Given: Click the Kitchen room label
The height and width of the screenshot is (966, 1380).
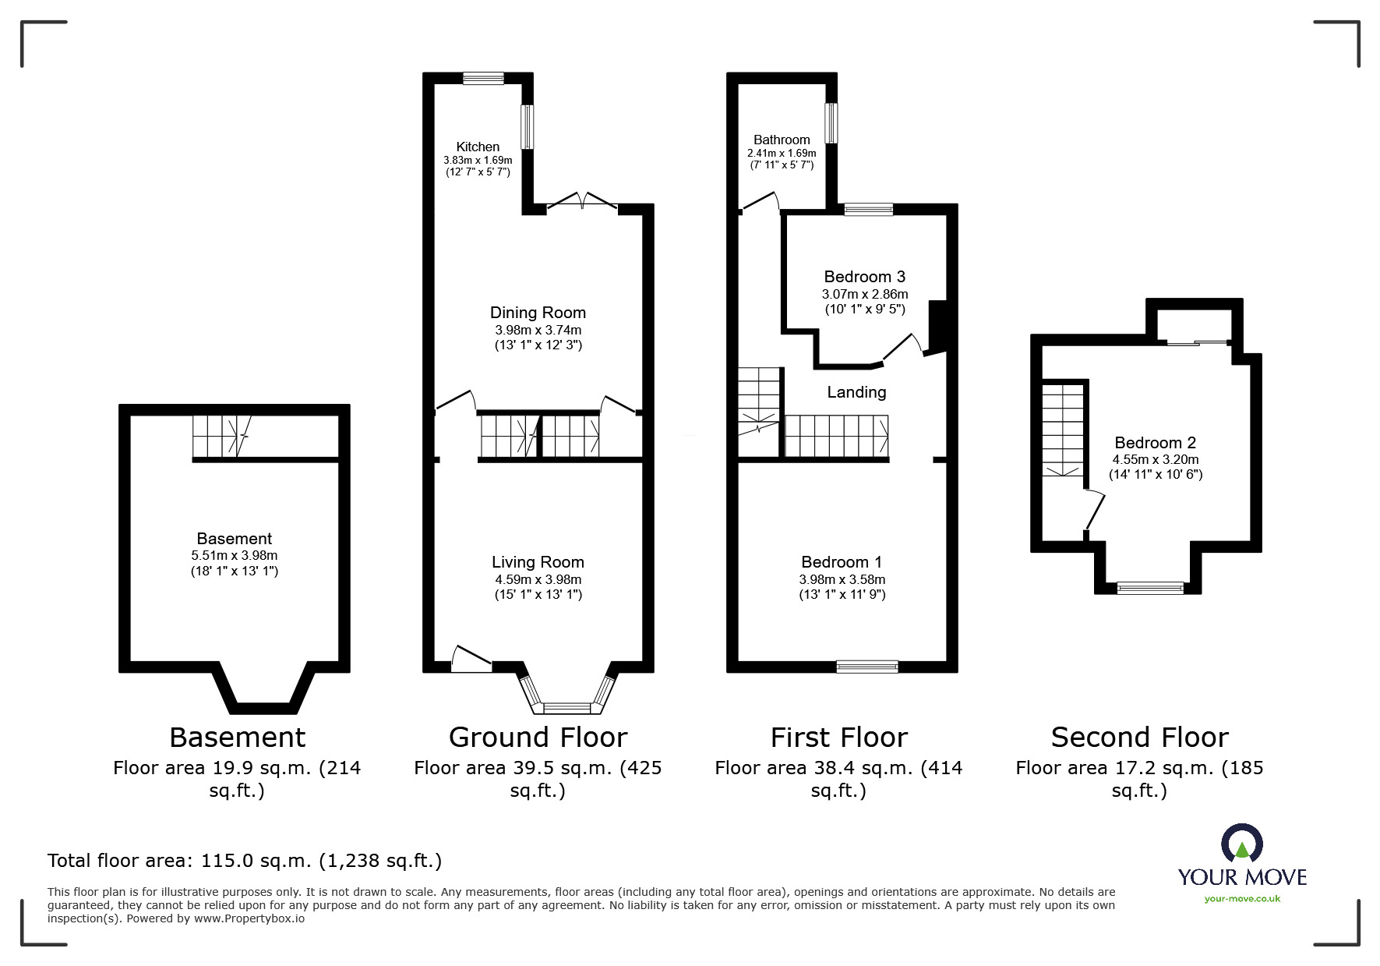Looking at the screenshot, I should click(478, 147).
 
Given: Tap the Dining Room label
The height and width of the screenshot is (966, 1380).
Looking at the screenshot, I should click(538, 313).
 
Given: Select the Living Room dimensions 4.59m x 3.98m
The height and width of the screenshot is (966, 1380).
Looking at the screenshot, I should click(538, 579).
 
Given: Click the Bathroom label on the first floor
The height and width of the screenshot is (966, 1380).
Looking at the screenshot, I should click(782, 140).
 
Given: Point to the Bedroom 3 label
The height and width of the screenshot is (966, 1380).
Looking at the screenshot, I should click(864, 277).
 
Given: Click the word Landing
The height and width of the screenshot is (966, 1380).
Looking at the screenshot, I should click(856, 392).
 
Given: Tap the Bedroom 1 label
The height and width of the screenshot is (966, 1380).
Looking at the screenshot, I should click(842, 562).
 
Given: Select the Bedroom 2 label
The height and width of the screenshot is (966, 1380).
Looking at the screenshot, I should click(1155, 443).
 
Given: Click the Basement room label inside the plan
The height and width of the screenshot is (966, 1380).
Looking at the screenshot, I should click(234, 539).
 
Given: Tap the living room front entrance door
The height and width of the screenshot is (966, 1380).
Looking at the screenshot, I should click(471, 659).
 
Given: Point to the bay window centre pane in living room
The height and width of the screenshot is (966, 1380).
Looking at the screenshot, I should click(567, 708).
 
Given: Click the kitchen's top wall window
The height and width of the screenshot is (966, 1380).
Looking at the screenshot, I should click(483, 78).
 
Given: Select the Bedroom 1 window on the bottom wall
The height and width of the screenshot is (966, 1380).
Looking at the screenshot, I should click(866, 666).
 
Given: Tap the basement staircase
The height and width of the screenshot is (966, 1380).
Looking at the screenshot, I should click(221, 436).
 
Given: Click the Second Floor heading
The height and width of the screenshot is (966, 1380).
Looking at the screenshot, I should click(1139, 737).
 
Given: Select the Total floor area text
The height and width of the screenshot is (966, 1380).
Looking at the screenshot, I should click(245, 861).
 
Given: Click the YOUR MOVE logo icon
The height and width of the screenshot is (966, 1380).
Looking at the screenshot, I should click(1241, 844).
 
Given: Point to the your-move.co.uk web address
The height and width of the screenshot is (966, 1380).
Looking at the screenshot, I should click(1242, 899).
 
